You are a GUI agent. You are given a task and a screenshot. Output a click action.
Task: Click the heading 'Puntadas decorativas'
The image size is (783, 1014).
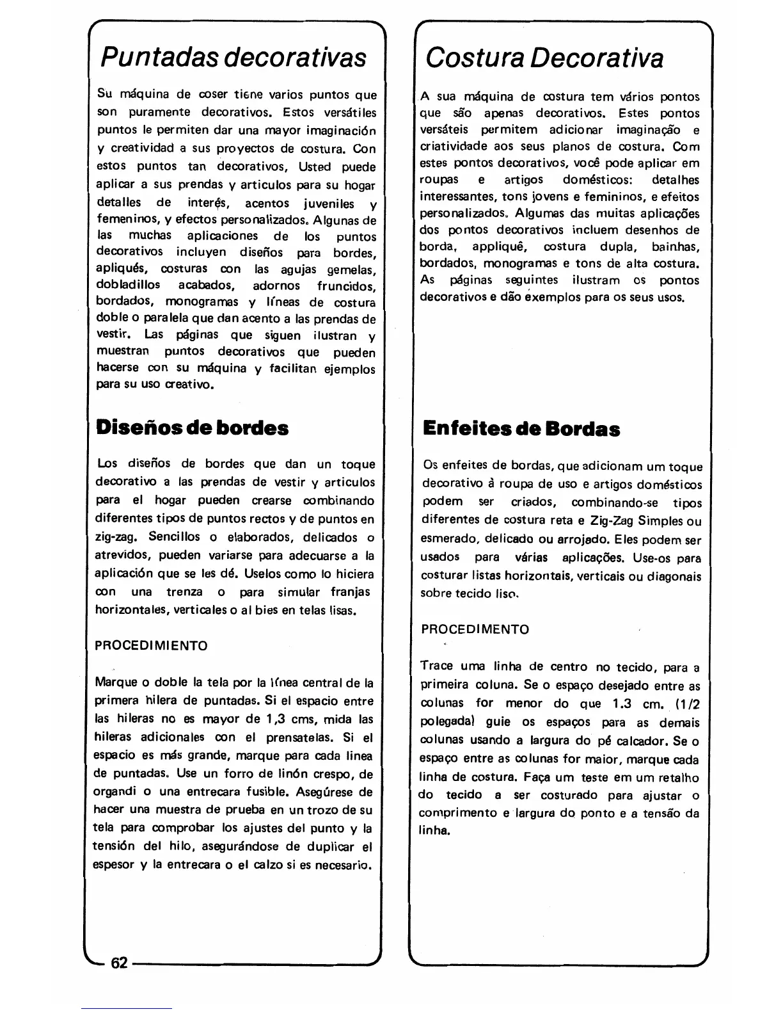pyautogui.click(x=233, y=58)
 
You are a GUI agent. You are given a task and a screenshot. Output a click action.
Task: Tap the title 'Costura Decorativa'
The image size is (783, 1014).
pyautogui.click(x=544, y=58)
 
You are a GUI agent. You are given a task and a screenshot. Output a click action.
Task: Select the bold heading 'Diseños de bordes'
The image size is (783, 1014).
pyautogui.click(x=192, y=428)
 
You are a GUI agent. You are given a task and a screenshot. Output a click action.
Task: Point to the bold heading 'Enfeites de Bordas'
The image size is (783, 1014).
pyautogui.click(x=521, y=429)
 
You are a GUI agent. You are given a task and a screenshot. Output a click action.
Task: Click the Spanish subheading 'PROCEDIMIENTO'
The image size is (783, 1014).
pyautogui.click(x=151, y=646)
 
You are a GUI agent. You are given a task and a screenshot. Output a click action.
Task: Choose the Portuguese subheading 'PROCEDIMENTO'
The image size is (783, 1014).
pyautogui.click(x=475, y=629)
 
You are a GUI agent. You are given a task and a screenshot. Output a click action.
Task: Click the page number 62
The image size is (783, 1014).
pyautogui.click(x=120, y=963)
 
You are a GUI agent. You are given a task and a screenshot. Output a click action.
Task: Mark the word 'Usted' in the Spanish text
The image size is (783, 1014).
pyautogui.click(x=315, y=167)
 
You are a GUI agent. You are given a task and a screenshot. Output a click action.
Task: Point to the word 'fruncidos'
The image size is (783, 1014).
pyautogui.click(x=346, y=286)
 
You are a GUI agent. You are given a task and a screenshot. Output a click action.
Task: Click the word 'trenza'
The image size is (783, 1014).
pyautogui.click(x=185, y=592)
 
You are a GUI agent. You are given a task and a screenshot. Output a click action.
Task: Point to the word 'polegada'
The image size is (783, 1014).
pyautogui.click(x=446, y=722)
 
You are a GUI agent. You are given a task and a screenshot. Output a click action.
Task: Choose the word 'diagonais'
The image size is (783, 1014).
pyautogui.click(x=673, y=576)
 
